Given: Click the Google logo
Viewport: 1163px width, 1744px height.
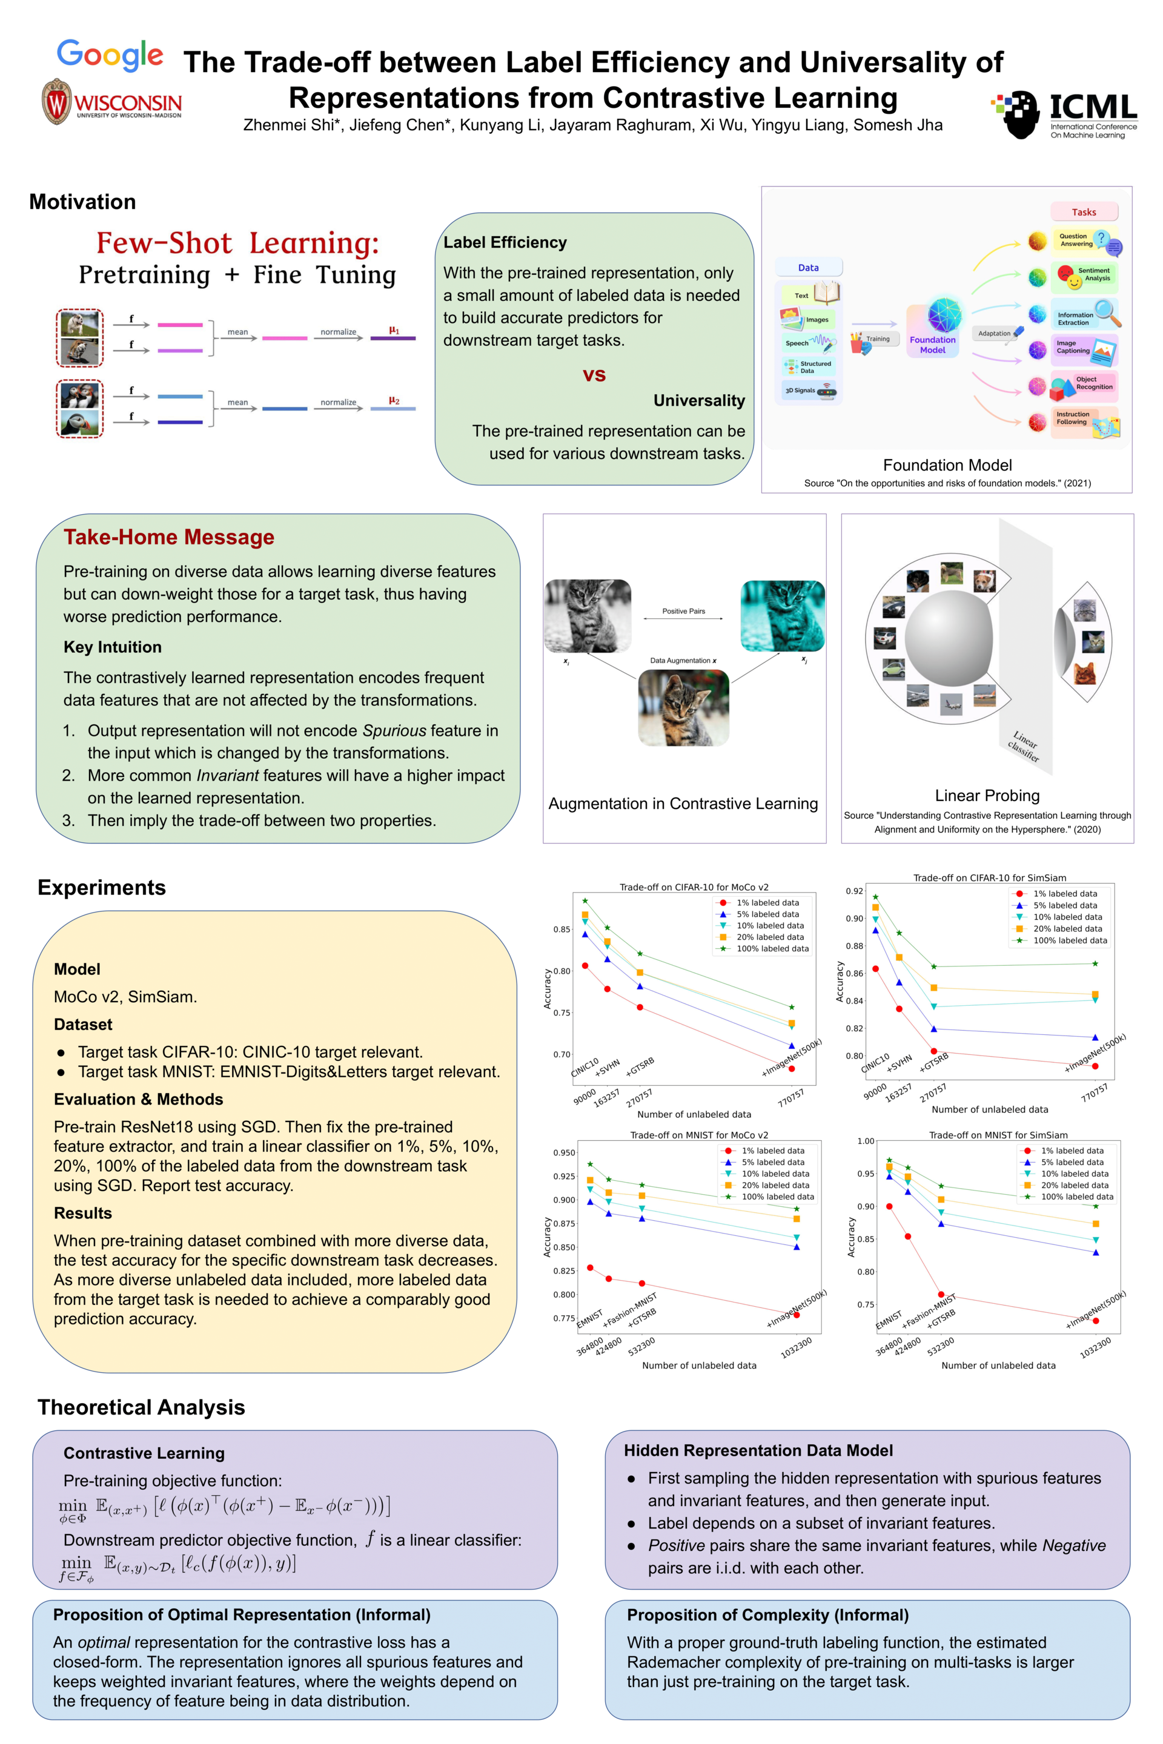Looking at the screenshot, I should click(110, 56).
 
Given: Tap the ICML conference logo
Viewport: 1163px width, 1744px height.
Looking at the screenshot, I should click(1064, 115).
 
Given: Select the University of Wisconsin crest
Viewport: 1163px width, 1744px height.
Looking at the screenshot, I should click(56, 102).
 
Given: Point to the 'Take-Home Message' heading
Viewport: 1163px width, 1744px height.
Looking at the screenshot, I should click(168, 537).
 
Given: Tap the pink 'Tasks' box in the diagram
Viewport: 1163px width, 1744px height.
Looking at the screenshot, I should click(1083, 212).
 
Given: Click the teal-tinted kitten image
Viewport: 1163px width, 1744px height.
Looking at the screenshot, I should click(782, 615).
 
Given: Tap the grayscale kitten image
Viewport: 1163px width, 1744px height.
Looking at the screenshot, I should click(588, 615).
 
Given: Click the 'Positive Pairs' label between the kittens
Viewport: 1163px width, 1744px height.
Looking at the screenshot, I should click(683, 611).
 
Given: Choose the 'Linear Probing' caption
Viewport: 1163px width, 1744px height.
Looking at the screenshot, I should click(987, 796).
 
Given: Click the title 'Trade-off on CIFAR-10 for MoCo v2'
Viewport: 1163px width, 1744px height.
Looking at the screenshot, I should click(694, 887).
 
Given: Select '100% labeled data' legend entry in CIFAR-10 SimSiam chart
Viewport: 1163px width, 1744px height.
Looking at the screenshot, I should click(1070, 940).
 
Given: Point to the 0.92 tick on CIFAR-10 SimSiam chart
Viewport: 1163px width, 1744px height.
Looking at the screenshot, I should click(855, 891).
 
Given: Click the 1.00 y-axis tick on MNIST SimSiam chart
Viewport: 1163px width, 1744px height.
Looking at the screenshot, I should click(865, 1141).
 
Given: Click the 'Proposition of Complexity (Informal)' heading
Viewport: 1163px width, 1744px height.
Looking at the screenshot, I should click(767, 1615).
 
